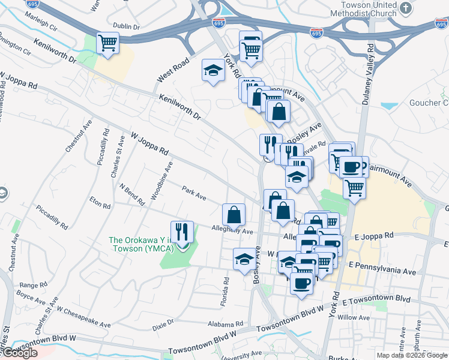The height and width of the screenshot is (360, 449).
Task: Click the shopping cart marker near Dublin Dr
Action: tap(108, 43)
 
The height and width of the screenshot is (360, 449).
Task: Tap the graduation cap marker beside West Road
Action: tap(212, 71)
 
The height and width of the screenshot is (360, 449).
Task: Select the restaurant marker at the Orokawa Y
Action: tap(182, 232)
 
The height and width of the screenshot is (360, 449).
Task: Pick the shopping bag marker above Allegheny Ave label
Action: tap(234, 214)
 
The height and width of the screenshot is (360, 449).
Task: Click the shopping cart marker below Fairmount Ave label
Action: tap(354, 187)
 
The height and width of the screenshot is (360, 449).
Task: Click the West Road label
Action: tap(173, 71)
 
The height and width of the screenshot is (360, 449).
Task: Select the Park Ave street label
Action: tap(194, 194)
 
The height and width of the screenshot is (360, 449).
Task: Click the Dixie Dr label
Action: tap(163, 322)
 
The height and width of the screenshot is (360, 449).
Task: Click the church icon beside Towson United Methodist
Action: tap(406, 8)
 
